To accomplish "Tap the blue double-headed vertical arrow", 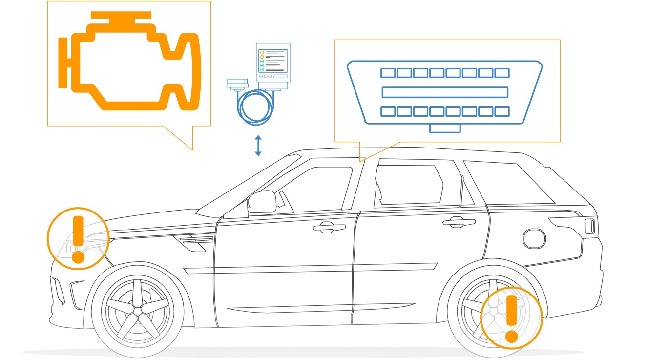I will click(x=258, y=146).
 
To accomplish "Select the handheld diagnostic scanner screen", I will click(x=273, y=61).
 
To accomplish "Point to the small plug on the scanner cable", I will click(x=237, y=84).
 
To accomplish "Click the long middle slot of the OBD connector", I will click(x=445, y=92).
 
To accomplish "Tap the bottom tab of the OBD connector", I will click(x=445, y=128).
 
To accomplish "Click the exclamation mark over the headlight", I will click(x=78, y=239).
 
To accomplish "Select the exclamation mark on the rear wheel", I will click(x=511, y=318).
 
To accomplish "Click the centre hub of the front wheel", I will click(x=137, y=311).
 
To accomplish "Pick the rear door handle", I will click(x=459, y=222).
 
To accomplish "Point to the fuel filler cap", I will click(x=534, y=238).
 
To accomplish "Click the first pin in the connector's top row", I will click(x=388, y=73).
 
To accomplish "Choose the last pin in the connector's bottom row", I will click(x=502, y=111).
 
